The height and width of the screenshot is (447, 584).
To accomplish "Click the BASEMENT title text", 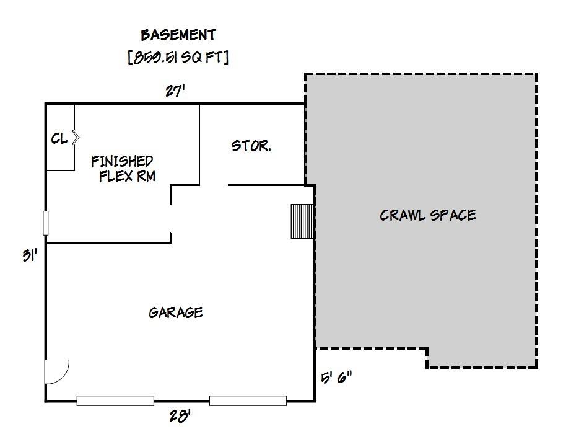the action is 178,35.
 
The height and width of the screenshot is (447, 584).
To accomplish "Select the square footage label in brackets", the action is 178,58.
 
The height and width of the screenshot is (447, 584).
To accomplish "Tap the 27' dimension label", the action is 175,91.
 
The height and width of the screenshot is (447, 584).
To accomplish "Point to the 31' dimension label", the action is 30,256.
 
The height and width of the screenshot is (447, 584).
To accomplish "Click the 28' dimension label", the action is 180,415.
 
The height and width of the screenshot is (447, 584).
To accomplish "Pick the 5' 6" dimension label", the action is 336,378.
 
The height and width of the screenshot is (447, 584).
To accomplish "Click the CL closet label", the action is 59,139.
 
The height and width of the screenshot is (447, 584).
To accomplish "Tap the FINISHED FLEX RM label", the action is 123,169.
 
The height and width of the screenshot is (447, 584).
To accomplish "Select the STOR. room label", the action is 251,146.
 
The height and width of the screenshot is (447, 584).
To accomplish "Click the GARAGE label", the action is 176,312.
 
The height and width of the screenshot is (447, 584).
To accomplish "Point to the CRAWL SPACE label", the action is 427,215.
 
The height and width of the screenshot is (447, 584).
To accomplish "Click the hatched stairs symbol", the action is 302,221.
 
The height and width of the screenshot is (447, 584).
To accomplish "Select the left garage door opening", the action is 115,401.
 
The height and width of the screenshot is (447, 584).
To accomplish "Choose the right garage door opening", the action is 248,401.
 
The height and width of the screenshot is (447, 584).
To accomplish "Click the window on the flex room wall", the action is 46,223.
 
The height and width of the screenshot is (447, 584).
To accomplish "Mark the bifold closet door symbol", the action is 76,138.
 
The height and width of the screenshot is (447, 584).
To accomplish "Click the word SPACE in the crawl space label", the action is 453,215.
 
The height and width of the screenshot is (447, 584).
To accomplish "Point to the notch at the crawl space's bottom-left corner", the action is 427,348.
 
